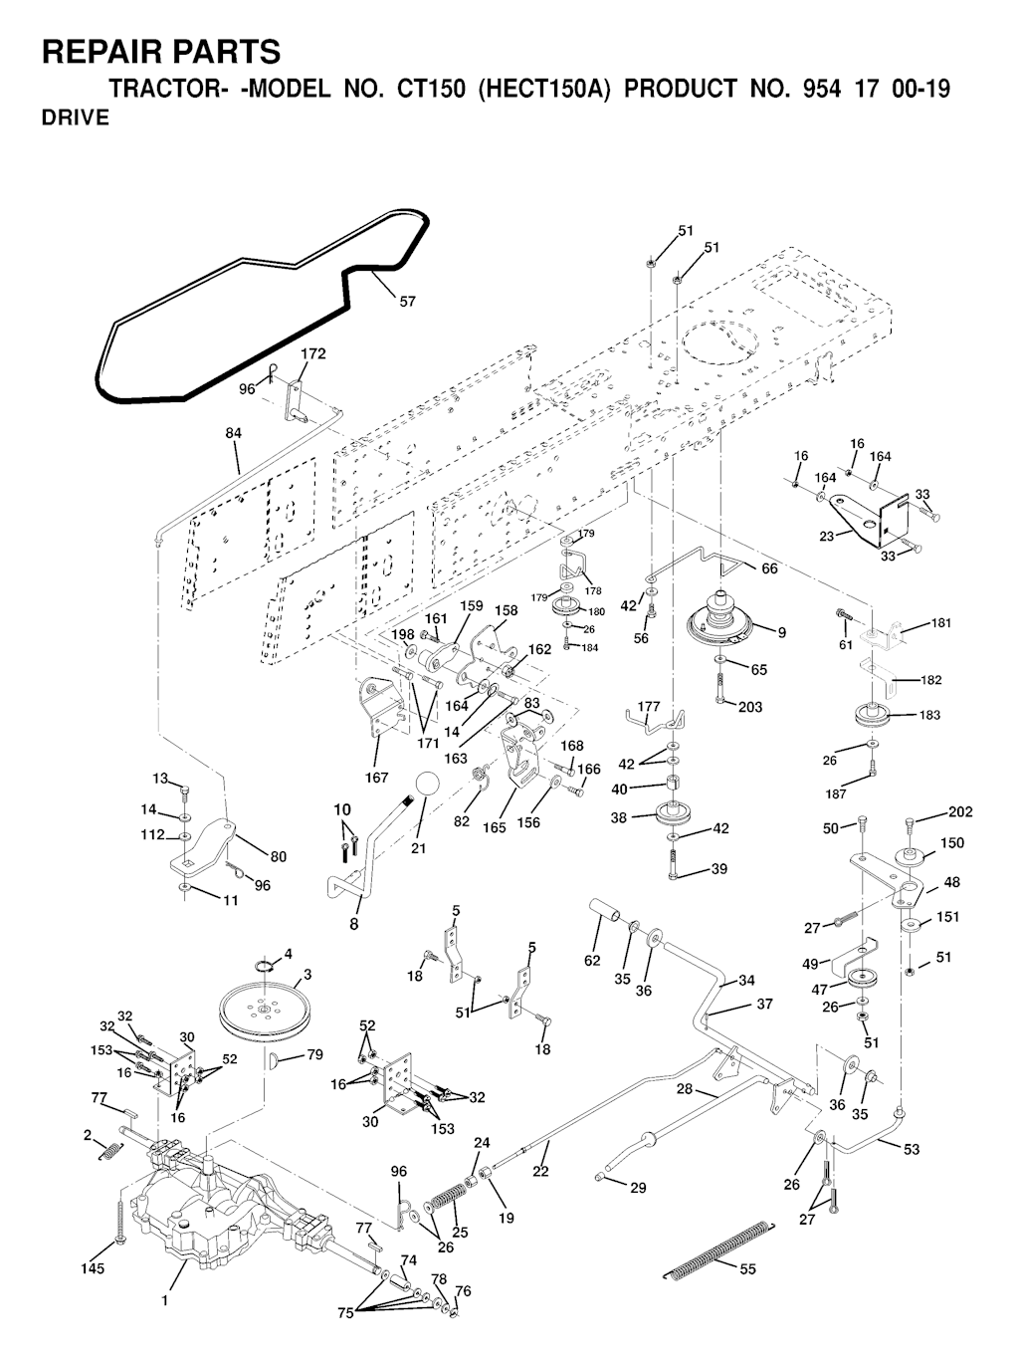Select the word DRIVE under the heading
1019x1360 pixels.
pyautogui.click(x=76, y=117)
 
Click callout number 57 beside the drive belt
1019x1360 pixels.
pyautogui.click(x=407, y=302)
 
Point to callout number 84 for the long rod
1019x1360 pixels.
pyautogui.click(x=234, y=433)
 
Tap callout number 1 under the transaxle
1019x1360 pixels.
pyautogui.click(x=165, y=1299)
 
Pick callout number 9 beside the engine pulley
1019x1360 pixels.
pyautogui.click(x=781, y=631)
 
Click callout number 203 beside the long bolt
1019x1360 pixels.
pyautogui.click(x=750, y=707)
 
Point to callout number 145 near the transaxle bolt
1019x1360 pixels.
pyautogui.click(x=93, y=1268)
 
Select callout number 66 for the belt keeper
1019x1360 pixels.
pyautogui.click(x=769, y=568)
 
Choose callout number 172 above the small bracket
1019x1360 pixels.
pyautogui.click(x=313, y=353)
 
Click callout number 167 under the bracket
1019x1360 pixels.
pyautogui.click(x=377, y=778)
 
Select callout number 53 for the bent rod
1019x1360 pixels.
pyautogui.click(x=913, y=1149)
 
